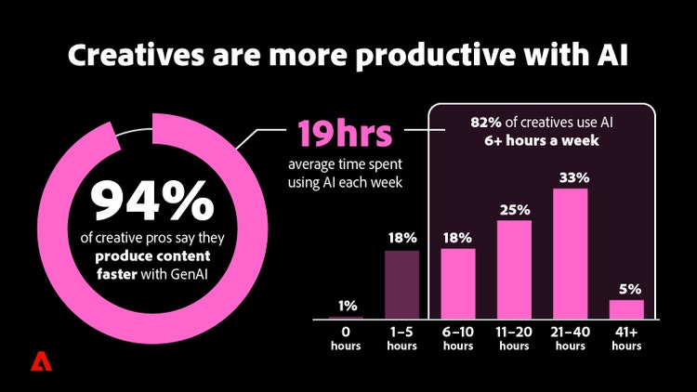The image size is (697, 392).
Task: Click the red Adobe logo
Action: tap(40, 362)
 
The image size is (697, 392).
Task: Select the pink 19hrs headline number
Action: tap(343, 133)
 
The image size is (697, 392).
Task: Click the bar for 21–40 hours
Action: tap(570, 253)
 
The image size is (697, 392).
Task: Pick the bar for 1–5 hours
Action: tap(402, 283)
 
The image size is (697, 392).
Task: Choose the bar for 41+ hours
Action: tap(625, 308)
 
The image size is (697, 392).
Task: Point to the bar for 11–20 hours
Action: tap(514, 268)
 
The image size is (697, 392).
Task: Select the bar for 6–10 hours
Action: tap(458, 283)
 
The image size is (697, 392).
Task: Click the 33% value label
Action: tap(570, 176)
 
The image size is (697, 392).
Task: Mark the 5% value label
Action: tap(626, 287)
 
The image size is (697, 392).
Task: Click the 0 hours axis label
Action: tap(347, 338)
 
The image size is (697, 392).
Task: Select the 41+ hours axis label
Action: tap(625, 338)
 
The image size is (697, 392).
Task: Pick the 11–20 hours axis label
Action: tap(514, 338)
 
